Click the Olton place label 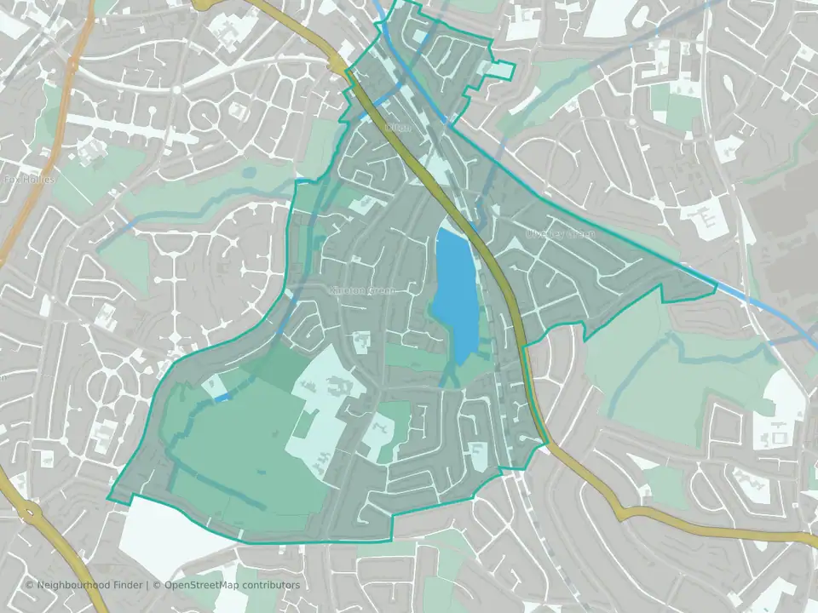pyautogui.click(x=398, y=128)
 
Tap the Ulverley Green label pyautogui.click(x=560, y=232)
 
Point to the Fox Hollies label pyautogui.click(x=29, y=180)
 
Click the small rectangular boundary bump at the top pyautogui.click(x=501, y=70)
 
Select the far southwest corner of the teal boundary pyautogui.click(x=109, y=497)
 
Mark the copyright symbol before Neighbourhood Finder pyautogui.click(x=30, y=585)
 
